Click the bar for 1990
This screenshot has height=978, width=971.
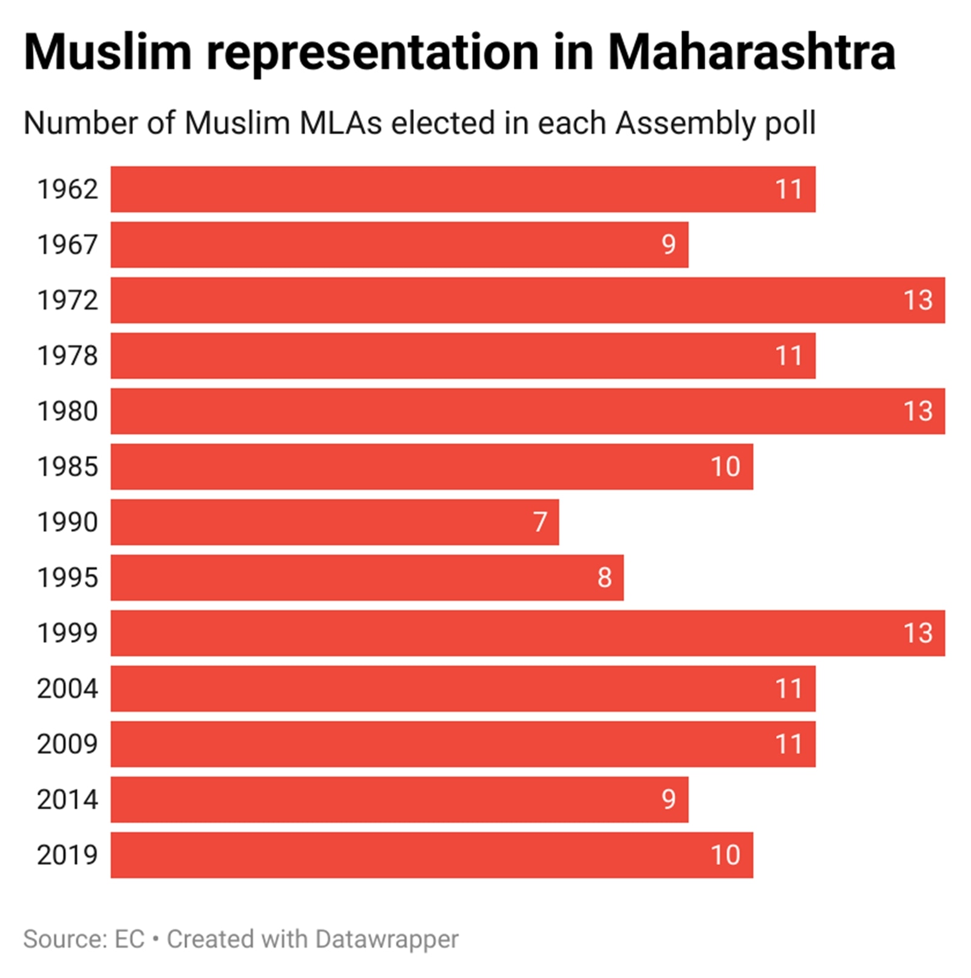coord(334,522)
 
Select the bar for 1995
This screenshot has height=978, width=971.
coord(367,577)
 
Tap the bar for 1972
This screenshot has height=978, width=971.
coord(527,300)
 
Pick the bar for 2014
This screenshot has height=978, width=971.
coord(399,800)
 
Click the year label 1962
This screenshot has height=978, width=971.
coord(67,189)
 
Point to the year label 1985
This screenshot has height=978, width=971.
coord(67,467)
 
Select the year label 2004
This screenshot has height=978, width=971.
coord(67,688)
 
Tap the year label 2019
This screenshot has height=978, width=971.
coord(67,855)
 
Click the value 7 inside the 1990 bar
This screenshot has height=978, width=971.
coord(540,522)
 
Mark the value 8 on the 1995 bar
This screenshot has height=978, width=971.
coord(604,577)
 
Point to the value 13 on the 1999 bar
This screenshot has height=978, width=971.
coord(918,633)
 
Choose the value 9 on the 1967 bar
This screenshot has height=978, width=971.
coord(668,245)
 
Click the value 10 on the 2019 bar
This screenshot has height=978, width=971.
coord(725,855)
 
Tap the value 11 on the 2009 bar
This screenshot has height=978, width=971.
coord(789,744)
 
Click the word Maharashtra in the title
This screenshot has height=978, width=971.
coord(751,53)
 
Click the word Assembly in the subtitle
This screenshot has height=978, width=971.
coord(686,123)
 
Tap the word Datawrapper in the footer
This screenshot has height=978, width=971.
coord(387,939)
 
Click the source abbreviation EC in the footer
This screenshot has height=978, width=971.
coord(129,939)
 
